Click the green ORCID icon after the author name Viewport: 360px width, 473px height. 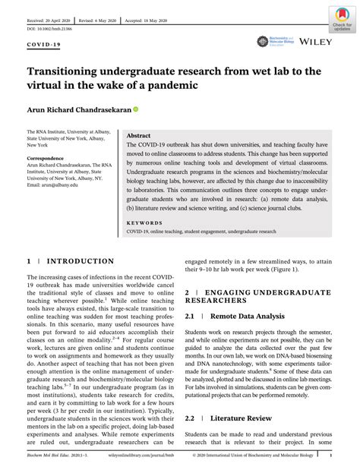[x=136, y=109]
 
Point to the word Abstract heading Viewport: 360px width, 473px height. [x=139, y=134]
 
